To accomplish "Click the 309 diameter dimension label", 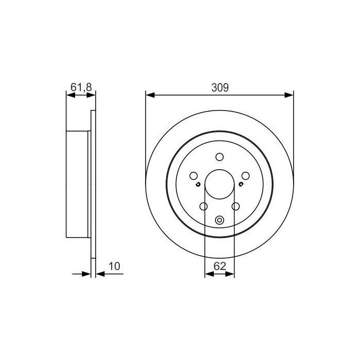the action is [220, 87].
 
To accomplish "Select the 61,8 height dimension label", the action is [81, 87].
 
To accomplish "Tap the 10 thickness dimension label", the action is [114, 266].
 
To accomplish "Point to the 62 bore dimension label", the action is [220, 266].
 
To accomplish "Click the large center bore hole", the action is [220, 184].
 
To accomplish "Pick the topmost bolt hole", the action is [220, 157].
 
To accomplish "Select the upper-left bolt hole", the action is [193, 176].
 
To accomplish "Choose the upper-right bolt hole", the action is [245, 176].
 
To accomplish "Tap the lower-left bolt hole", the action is [204, 206].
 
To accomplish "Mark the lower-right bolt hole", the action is [236, 206].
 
